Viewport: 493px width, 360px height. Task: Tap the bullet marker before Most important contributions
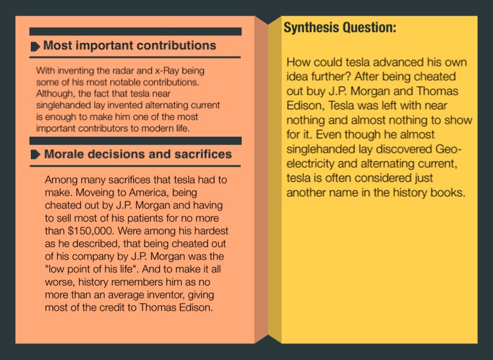click(35, 46)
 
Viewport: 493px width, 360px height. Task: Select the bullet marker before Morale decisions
click(35, 155)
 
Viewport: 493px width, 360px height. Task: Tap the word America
click(129, 192)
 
